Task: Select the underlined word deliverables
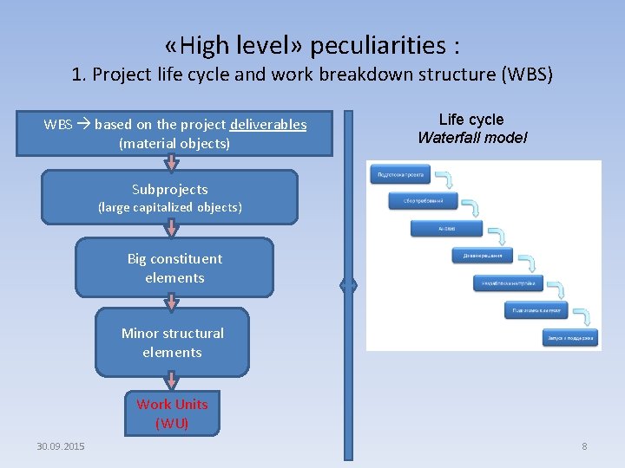tap(268, 125)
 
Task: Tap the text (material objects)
tap(174, 143)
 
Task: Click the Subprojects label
tap(169, 189)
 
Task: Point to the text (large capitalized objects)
tap(169, 207)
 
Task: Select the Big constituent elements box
tap(174, 268)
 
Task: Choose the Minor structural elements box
tap(172, 342)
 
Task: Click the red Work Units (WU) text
tap(172, 413)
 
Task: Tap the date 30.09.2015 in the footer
tap(61, 446)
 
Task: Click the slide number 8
tap(584, 446)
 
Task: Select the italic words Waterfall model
tap(471, 137)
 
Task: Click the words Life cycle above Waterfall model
tap(470, 120)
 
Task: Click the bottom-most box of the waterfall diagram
tap(569, 337)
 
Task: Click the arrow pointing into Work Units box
tap(172, 381)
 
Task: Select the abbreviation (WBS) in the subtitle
tap(525, 75)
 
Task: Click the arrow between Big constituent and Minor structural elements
tap(172, 302)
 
